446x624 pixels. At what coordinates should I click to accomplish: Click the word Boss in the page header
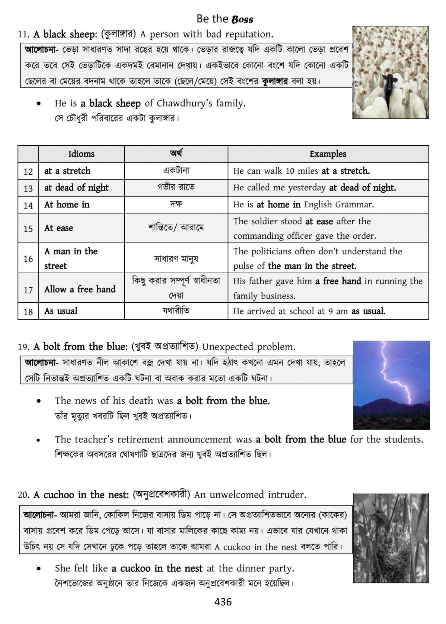tap(243, 19)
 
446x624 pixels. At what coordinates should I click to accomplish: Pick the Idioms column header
tap(81, 154)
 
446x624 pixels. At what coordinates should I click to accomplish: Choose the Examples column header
tap(328, 154)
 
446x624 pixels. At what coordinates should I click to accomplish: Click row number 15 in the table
tap(28, 229)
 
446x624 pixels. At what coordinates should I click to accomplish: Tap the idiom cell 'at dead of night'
tap(76, 188)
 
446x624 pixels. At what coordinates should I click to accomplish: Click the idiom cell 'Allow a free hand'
tap(80, 289)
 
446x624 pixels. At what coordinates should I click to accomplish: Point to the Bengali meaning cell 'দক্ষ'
tap(176, 205)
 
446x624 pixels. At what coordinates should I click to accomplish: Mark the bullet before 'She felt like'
tap(38, 569)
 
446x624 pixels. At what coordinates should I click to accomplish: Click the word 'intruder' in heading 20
tap(290, 495)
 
